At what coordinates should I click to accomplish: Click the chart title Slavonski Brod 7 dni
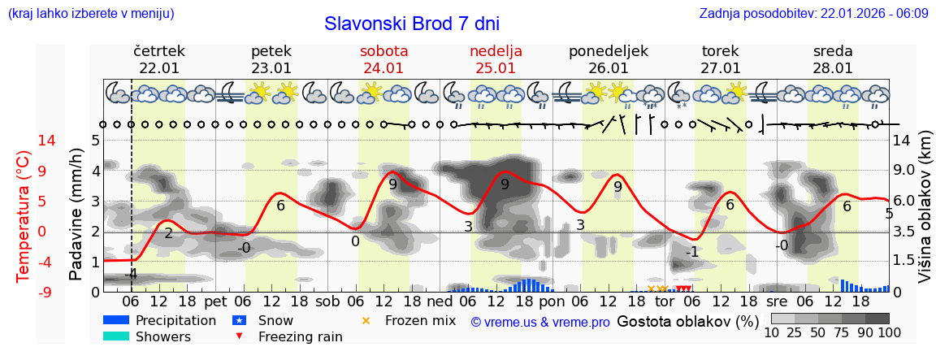click(412, 24)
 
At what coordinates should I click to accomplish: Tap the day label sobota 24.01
click(383, 59)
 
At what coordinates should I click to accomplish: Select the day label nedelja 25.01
click(496, 59)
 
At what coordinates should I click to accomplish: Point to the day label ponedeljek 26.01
click(609, 59)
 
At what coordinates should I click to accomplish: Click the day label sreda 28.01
click(833, 59)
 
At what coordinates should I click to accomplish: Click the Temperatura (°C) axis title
click(24, 216)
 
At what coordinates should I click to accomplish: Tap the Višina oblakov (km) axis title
click(925, 219)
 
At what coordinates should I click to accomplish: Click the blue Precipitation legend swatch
click(116, 320)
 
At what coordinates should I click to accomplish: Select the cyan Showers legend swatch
click(116, 336)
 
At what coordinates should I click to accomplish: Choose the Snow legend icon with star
click(240, 320)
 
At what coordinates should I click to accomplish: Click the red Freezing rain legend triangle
click(240, 336)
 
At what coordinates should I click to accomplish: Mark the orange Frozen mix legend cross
click(366, 320)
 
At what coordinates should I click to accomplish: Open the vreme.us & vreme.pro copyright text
click(540, 322)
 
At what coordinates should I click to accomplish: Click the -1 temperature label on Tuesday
click(691, 252)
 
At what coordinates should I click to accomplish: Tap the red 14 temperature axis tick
click(24, 141)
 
